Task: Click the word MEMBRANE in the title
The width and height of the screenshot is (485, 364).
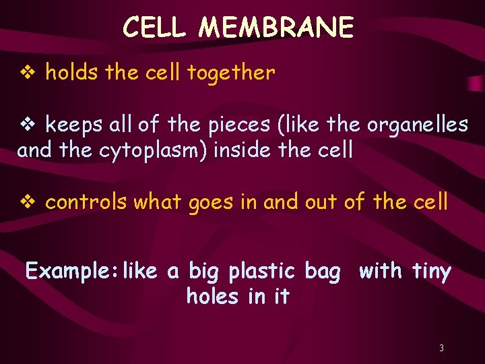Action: [x=277, y=28]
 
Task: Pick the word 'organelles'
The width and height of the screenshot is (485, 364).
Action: [x=417, y=125]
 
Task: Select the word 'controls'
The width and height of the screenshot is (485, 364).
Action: [x=86, y=202]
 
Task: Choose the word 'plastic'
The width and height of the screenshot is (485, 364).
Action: [x=262, y=272]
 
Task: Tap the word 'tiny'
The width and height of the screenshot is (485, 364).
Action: [x=430, y=272]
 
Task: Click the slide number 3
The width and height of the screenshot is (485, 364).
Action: [x=441, y=348]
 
